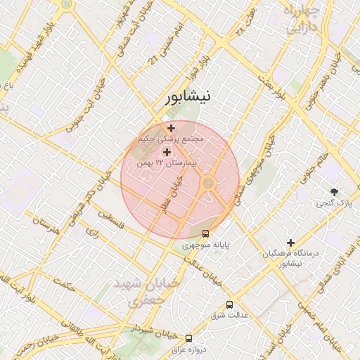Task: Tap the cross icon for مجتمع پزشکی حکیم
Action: [x=171, y=127]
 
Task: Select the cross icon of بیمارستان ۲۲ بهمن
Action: [x=167, y=152]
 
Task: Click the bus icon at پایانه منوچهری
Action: [x=205, y=233]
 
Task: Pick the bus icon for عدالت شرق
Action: [x=229, y=304]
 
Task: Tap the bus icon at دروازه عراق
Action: [x=188, y=338]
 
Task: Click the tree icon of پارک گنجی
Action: [x=334, y=192]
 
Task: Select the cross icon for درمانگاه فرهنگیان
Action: [x=290, y=243]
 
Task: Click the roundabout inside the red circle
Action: [x=208, y=184]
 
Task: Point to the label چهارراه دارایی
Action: [x=300, y=19]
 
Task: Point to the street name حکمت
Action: [x=66, y=286]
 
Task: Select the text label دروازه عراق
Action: [x=190, y=349]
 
